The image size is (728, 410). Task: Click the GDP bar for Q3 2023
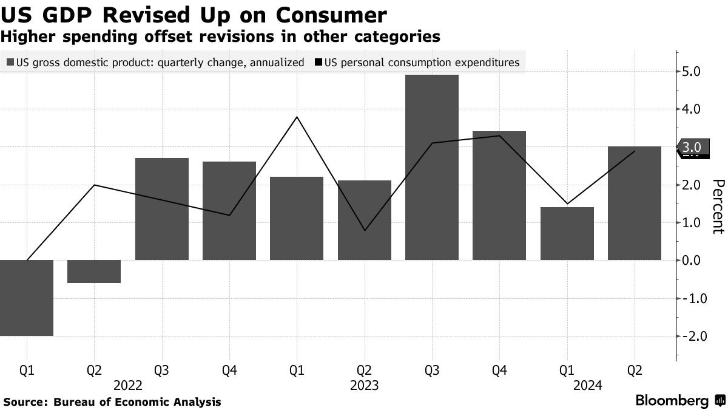tap(431, 168)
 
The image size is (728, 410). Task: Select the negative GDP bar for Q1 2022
tap(27, 298)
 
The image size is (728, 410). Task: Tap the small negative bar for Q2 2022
tap(94, 272)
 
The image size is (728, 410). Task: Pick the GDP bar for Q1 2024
tap(567, 234)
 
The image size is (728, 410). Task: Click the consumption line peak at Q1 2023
tap(297, 117)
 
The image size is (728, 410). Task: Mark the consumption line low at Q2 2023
tap(364, 230)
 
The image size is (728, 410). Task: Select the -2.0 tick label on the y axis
tap(690, 336)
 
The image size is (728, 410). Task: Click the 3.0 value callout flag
tap(693, 147)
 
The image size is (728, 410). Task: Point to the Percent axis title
tap(718, 207)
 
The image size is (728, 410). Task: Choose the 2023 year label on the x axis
tap(364, 385)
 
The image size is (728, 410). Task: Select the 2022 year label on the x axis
tap(127, 385)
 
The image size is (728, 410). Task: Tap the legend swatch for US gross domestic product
tap(10, 62)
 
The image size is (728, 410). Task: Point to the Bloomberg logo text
tap(672, 401)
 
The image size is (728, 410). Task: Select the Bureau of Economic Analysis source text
tap(137, 402)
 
